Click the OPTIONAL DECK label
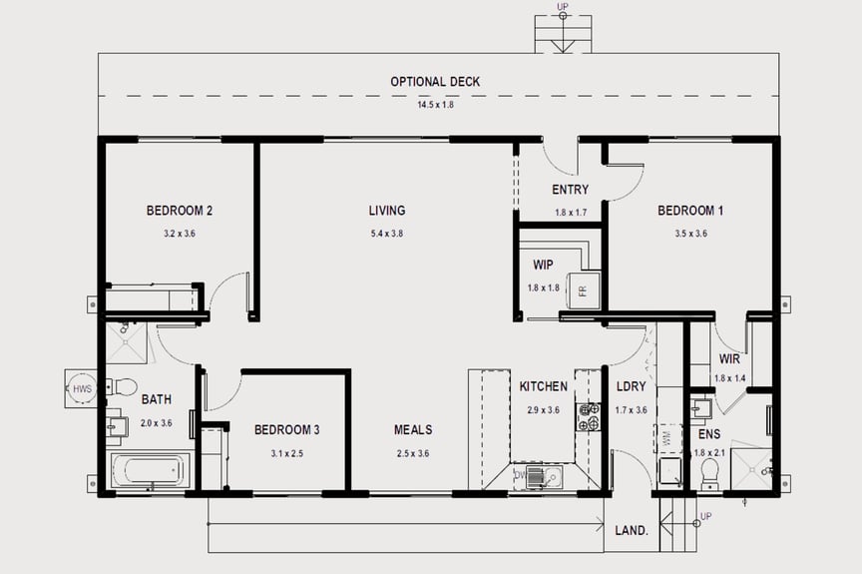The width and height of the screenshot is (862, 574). tap(435, 82)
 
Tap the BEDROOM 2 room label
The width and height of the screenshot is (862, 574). tap(180, 211)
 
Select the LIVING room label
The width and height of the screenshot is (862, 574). tap(386, 211)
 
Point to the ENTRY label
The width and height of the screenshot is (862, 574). tap(570, 190)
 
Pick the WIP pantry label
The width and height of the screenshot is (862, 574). tap(543, 266)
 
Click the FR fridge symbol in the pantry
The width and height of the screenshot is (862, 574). tap(583, 290)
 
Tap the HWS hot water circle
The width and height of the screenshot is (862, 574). tap(81, 389)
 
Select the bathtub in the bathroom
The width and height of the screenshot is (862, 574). tap(147, 470)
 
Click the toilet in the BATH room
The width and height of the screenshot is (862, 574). tap(123, 386)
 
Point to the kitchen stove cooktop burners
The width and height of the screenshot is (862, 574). tap(589, 416)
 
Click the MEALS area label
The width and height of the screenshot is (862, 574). tap(413, 430)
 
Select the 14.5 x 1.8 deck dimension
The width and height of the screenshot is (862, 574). tap(435, 105)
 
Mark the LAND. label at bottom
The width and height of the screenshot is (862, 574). tap(633, 531)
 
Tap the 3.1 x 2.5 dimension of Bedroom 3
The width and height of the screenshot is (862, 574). tap(286, 452)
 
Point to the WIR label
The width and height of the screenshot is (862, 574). tap(729, 359)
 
